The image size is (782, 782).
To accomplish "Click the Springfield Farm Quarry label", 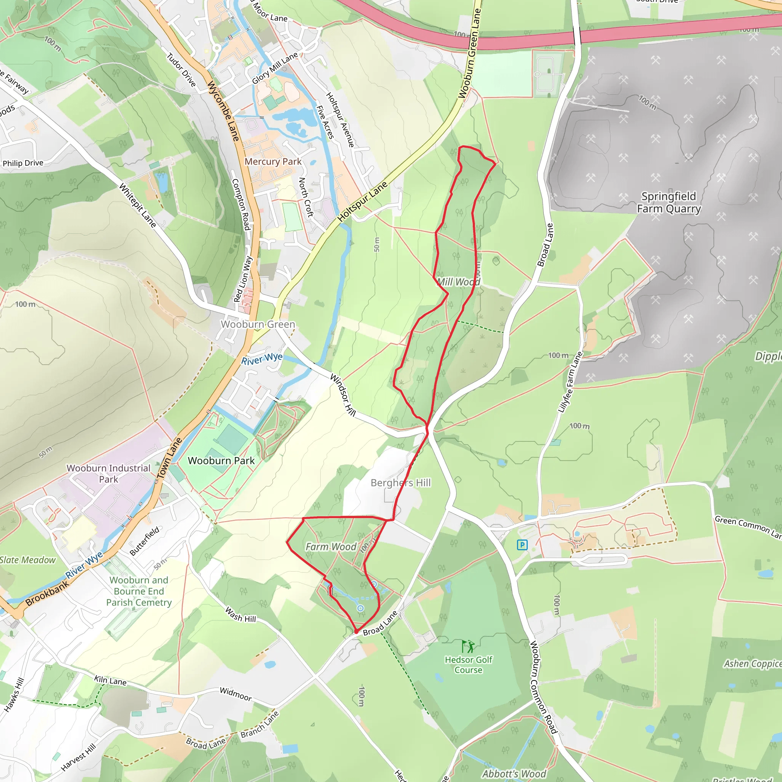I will click(x=669, y=202).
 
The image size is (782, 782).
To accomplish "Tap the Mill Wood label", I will click(x=459, y=282).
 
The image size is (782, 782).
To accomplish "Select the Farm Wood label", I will click(x=331, y=547).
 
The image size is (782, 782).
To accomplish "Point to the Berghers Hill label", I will click(x=401, y=483).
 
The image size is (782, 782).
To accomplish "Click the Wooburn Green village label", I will click(x=258, y=324).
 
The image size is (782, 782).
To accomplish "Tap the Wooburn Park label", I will click(x=221, y=460).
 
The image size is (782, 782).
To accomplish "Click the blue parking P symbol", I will click(x=522, y=545).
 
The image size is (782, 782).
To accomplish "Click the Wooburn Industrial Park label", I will click(x=108, y=473).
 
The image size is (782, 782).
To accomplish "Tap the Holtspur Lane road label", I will click(x=363, y=201).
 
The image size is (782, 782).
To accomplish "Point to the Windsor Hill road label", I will click(x=343, y=395).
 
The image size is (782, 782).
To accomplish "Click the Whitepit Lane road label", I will click(x=137, y=205).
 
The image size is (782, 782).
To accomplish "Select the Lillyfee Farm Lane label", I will click(x=570, y=382).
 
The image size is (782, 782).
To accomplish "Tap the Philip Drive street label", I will click(x=23, y=163).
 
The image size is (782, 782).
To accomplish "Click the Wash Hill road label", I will click(x=241, y=614).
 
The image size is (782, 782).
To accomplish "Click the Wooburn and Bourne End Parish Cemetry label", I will click(x=139, y=591).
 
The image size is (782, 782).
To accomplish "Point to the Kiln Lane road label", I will click(x=110, y=680).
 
